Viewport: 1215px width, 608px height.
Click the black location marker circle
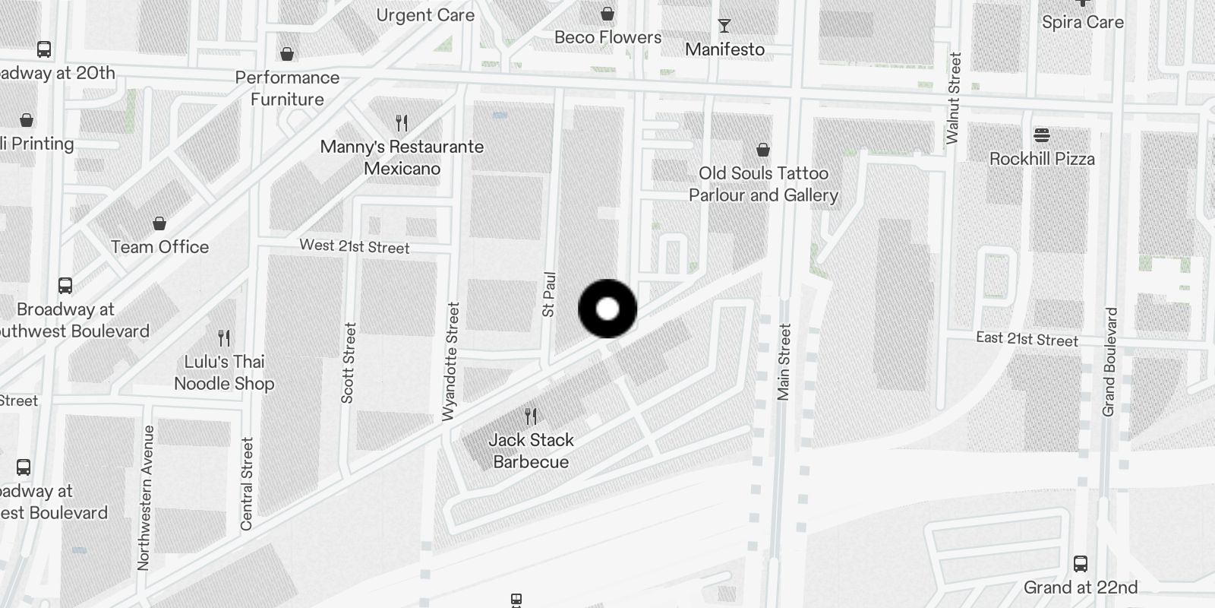point(607,309)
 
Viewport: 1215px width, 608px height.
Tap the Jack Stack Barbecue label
point(531,451)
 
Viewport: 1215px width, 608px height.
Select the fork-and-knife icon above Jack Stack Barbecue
point(531,416)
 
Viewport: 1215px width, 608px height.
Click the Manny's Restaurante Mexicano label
point(402,157)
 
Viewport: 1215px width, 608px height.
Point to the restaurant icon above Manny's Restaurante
point(402,122)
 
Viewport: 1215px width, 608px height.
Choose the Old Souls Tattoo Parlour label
point(763,184)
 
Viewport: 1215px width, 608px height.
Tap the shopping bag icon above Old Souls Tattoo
point(763,150)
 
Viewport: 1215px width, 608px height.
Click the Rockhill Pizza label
point(1042,159)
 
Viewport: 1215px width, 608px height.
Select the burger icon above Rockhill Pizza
point(1042,135)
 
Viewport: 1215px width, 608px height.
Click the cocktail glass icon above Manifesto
point(724,26)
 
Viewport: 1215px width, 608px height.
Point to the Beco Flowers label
point(607,37)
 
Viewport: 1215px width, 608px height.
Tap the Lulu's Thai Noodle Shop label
point(224,372)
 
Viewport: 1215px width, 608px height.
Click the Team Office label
point(159,247)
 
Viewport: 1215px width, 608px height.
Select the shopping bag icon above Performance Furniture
point(287,54)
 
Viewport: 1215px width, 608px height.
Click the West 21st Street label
point(355,246)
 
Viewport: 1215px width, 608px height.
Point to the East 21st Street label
point(1027,339)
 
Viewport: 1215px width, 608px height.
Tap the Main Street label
point(784,362)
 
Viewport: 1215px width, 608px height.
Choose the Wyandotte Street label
point(451,361)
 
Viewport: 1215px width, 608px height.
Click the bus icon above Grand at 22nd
point(1081,564)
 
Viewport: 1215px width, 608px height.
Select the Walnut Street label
point(954,98)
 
